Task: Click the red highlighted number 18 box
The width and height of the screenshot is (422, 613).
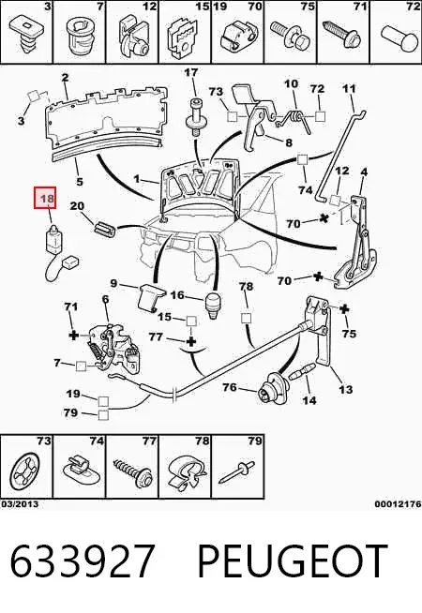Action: (45, 198)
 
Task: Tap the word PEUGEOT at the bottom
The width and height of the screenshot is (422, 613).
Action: (293, 561)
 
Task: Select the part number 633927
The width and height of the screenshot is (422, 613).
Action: (82, 561)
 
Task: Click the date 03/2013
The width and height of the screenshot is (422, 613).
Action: (20, 504)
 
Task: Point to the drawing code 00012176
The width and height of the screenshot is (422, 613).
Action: (398, 504)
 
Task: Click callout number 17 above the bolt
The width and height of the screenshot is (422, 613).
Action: (191, 73)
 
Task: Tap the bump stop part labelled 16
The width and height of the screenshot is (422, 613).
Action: (213, 305)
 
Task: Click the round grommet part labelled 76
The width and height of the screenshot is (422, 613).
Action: (274, 388)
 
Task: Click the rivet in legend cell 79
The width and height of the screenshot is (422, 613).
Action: (236, 471)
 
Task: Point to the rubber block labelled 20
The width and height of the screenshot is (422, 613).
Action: (105, 228)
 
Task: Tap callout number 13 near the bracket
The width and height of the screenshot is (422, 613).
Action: (345, 389)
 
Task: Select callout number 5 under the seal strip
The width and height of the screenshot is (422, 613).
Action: (80, 182)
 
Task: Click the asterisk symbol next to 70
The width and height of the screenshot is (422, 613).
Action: (323, 218)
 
